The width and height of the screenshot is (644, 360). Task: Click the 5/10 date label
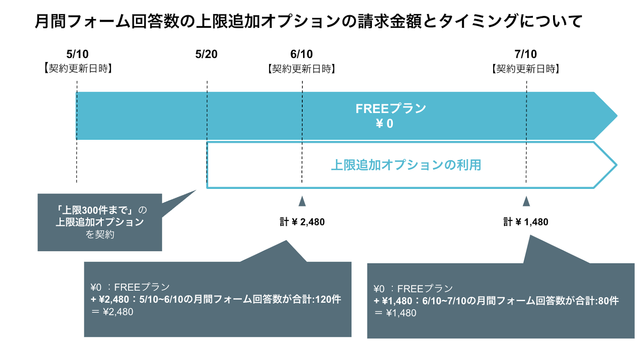coord(77,54)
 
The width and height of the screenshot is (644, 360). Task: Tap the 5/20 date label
coord(206,54)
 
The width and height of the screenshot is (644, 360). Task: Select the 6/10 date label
coord(301,54)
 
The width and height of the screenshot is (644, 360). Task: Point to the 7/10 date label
coord(526,54)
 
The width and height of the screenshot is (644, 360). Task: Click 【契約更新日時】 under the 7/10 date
coord(526,69)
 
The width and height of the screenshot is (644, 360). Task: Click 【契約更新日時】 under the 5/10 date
coord(78,69)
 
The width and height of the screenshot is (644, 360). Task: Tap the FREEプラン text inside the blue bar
coord(391,109)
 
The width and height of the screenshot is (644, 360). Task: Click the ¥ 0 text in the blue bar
coord(384,124)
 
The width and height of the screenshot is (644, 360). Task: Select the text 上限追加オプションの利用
coord(406,165)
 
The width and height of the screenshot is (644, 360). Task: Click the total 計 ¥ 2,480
coord(302,222)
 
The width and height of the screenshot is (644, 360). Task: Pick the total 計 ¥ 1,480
coord(526,222)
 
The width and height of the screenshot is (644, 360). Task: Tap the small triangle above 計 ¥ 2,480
coord(302,201)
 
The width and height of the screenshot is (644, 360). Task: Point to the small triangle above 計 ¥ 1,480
coord(526,201)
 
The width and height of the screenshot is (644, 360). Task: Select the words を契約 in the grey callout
coord(100,235)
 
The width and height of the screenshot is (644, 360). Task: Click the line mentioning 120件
coord(216,300)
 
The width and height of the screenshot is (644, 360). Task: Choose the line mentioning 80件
coord(496,301)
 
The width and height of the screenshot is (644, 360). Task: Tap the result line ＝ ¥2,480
coord(112,312)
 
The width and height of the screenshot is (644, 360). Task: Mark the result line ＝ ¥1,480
coord(395,313)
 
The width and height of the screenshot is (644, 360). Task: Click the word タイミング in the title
coord(479,21)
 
